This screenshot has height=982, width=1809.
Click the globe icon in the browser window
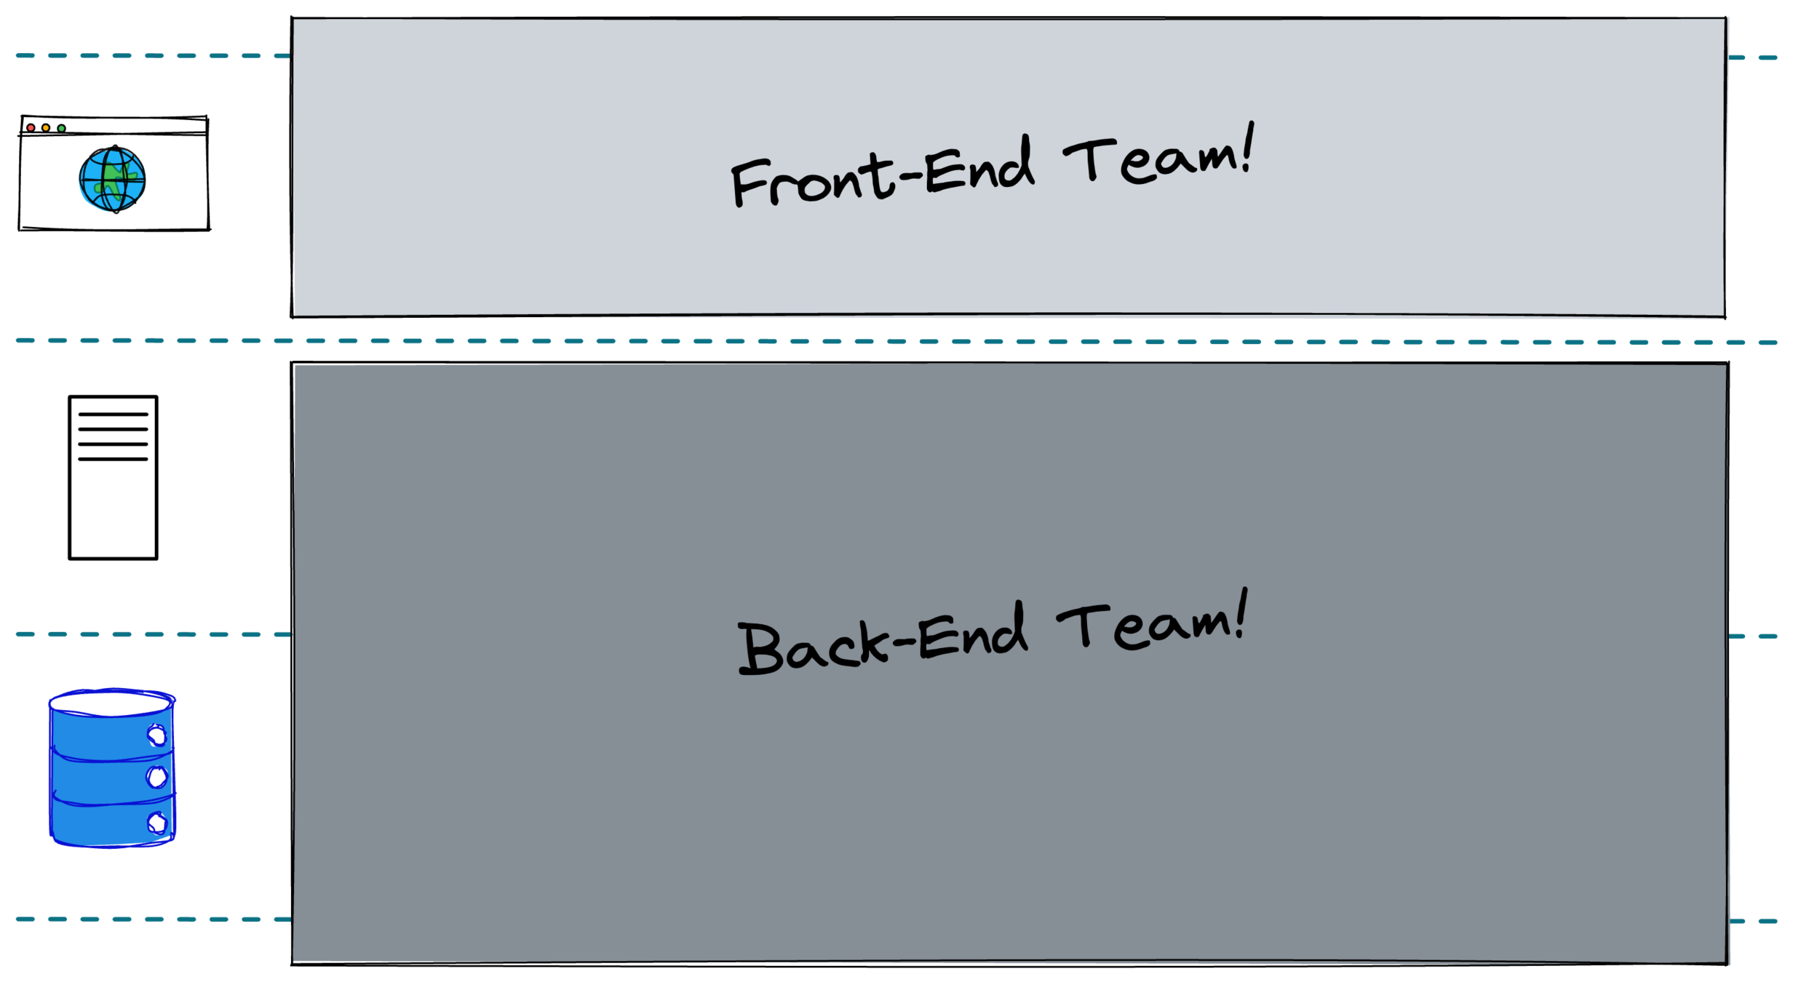coord(113,179)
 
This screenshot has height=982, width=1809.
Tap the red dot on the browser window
coord(31,128)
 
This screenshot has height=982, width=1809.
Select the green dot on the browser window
coord(62,129)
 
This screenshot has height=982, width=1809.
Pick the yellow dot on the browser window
coord(46,128)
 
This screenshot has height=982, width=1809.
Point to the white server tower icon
coord(113,477)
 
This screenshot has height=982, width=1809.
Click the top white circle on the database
coord(156,735)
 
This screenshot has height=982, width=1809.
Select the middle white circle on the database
coord(156,778)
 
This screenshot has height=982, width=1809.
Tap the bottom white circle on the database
coord(156,823)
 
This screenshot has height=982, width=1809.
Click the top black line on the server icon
coord(113,415)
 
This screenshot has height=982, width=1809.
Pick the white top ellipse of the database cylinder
coord(111,703)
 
